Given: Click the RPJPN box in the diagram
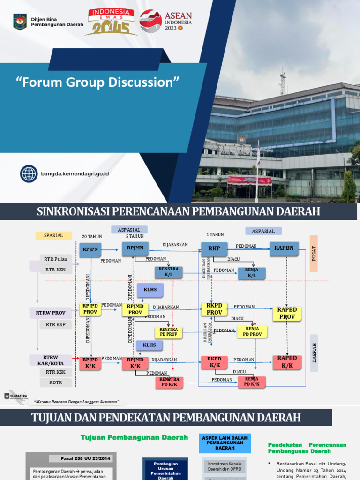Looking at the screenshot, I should (90, 249).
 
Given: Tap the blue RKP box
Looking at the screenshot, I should (214, 249).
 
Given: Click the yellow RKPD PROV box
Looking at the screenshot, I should (214, 309).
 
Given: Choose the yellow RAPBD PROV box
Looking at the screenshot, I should (287, 313).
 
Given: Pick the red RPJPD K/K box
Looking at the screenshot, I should (90, 363).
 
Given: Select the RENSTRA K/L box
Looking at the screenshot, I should (168, 272).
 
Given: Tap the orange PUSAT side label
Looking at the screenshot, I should (314, 253).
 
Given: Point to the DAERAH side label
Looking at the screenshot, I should (314, 352).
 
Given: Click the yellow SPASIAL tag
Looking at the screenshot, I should (53, 235).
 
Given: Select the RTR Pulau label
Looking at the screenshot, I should (56, 259).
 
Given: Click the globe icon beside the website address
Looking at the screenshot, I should (29, 173).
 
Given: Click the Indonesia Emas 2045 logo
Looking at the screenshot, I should (111, 22).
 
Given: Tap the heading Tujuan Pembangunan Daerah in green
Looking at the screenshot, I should (135, 437).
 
